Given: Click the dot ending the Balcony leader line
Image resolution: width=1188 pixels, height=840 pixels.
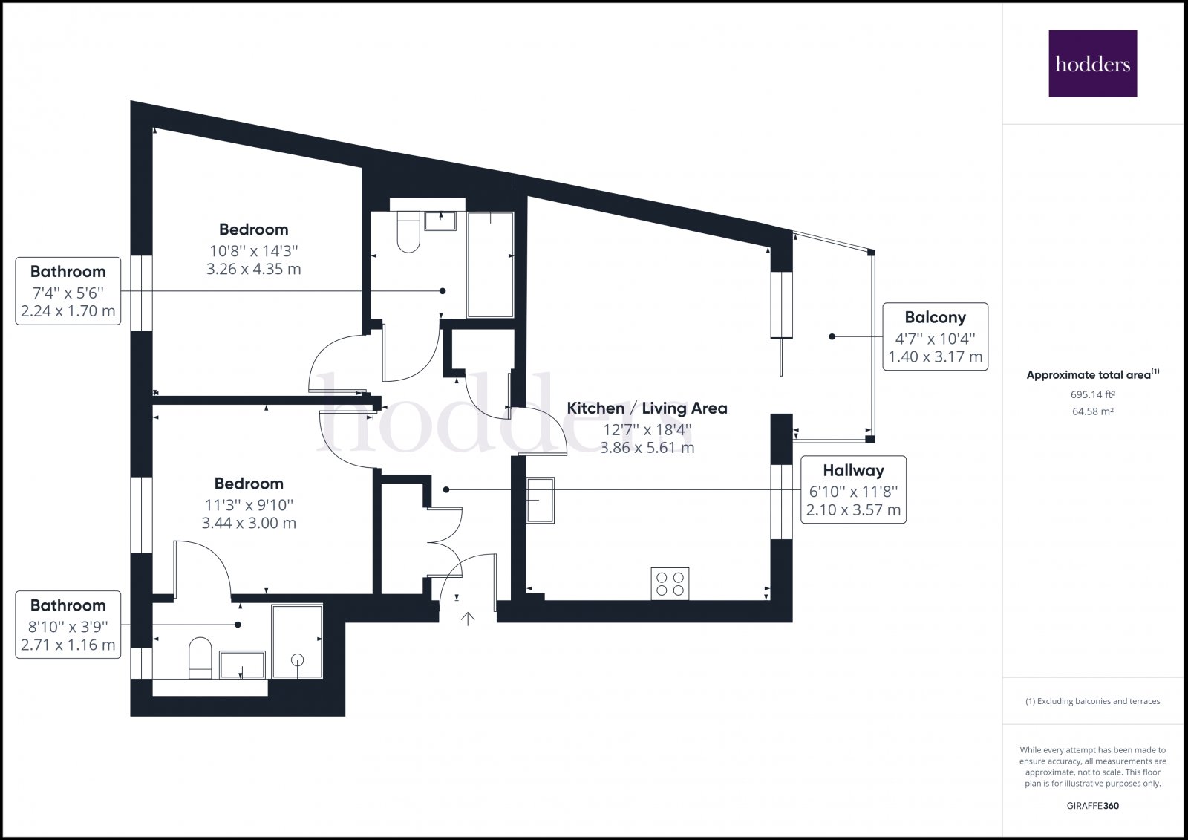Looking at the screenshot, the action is coord(832,336).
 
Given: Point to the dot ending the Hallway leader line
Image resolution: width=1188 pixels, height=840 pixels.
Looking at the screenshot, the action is coord(446,489).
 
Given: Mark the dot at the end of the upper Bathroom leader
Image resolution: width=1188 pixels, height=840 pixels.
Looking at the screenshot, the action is coord(443,291).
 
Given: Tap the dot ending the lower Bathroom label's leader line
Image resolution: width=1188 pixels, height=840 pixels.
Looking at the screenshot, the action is coord(238,625).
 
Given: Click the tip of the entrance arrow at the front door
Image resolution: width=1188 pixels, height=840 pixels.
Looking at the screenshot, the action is coord(468,613).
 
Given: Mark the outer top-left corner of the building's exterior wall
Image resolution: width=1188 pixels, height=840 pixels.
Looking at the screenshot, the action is coord(131,101).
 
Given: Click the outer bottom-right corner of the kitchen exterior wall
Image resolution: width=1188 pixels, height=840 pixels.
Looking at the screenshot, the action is coord(792,622).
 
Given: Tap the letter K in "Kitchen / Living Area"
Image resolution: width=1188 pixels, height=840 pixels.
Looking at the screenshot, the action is coord(572,408).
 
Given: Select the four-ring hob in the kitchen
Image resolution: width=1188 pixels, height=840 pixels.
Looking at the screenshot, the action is coord(670,584).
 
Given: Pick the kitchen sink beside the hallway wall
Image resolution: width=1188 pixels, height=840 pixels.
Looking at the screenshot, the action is coord(541,500).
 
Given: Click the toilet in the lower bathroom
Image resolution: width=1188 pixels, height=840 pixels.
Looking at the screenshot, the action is coord(200,658).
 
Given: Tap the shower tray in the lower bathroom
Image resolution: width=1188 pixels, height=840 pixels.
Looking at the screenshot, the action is coord(297,641).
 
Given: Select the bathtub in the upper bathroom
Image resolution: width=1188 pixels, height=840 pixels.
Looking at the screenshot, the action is coord(491,264).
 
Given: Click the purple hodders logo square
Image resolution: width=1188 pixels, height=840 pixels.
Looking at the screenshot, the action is coord(1092,64).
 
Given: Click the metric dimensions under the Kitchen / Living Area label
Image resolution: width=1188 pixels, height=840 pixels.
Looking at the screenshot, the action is coord(647,447).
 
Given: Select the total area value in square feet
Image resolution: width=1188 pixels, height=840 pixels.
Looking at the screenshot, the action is coord(1092,394).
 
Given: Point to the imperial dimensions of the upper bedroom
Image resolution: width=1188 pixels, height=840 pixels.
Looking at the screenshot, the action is coord(253,250).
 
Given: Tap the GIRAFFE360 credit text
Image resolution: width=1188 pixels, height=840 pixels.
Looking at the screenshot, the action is coord(1092,806).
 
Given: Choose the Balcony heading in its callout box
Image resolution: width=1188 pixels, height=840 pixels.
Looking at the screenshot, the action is coord(935,317).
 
